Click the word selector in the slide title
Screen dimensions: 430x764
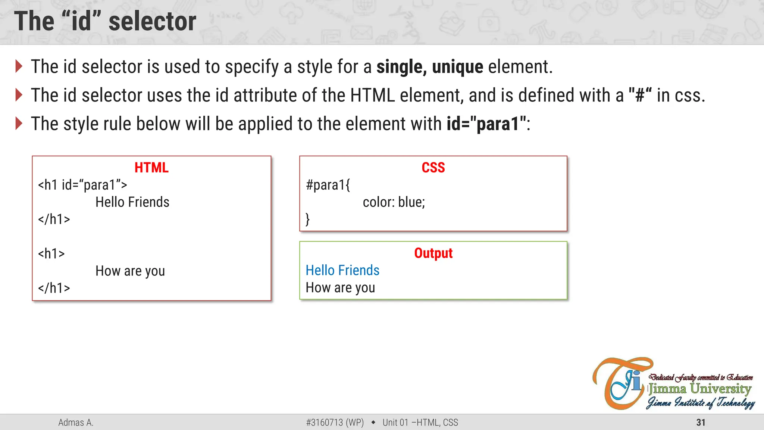152,22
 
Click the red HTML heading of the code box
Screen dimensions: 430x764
151,168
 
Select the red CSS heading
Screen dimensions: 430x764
433,168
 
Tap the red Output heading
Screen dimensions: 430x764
433,253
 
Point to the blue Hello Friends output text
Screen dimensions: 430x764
342,270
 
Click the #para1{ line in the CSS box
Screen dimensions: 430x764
328,185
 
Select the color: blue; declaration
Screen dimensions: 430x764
394,202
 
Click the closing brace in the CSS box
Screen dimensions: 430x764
308,219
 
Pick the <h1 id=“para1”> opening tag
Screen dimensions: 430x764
82,185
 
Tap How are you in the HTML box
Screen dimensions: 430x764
130,271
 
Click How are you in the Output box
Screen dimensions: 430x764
340,288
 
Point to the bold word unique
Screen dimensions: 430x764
457,67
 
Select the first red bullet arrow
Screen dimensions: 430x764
19,66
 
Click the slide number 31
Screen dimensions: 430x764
701,423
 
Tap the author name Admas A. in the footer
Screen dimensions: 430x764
76,423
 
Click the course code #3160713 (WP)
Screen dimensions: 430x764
335,423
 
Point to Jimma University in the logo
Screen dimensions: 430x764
699,389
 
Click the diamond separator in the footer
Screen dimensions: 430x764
373,423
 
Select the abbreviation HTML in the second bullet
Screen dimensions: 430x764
372,95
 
